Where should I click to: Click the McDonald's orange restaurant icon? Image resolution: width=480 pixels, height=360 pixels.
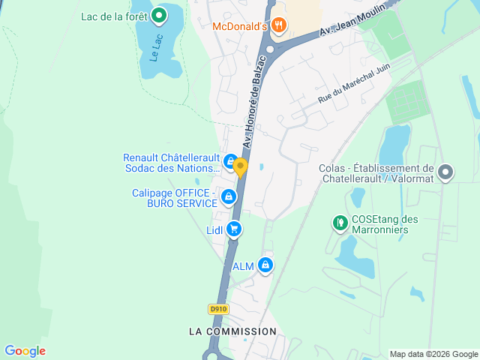coord(279,26)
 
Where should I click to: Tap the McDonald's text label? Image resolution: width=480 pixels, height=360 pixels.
coord(240,26)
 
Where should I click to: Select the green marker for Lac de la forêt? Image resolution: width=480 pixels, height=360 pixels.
coord(159,15)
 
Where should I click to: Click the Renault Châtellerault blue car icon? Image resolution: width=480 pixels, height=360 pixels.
coord(230,160)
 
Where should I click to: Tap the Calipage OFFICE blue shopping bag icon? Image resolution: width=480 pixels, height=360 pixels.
coord(228,197)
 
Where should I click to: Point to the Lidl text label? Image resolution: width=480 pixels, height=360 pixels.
coord(214,230)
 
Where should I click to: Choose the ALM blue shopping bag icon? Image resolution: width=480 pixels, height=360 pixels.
coord(265,265)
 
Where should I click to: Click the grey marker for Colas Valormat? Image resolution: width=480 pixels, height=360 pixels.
coord(445,173)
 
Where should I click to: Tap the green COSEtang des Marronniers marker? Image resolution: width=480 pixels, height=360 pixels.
coord(340,223)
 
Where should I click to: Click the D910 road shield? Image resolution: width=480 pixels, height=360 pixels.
coord(217,308)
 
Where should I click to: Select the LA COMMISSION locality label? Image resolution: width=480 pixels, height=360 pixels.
coord(232,331)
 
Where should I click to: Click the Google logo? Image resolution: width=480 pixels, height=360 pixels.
coord(25,351)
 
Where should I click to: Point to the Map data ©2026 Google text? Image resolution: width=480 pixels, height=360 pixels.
coord(433,354)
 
